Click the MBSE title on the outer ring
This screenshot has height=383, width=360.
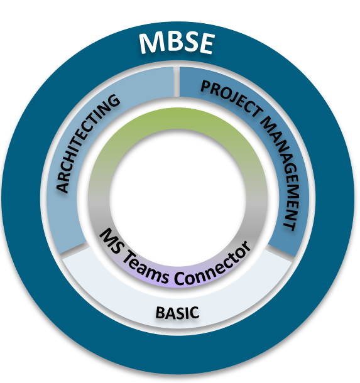[x=177, y=43]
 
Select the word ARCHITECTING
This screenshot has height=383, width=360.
[x=87, y=144]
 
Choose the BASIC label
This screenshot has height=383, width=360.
[x=177, y=313]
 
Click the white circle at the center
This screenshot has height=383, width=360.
[x=178, y=197]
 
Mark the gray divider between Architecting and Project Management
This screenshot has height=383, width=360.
[x=177, y=82]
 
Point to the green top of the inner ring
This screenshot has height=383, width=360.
[x=178, y=118]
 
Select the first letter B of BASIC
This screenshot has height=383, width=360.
[x=160, y=313]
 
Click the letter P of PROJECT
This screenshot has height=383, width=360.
[x=206, y=87]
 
